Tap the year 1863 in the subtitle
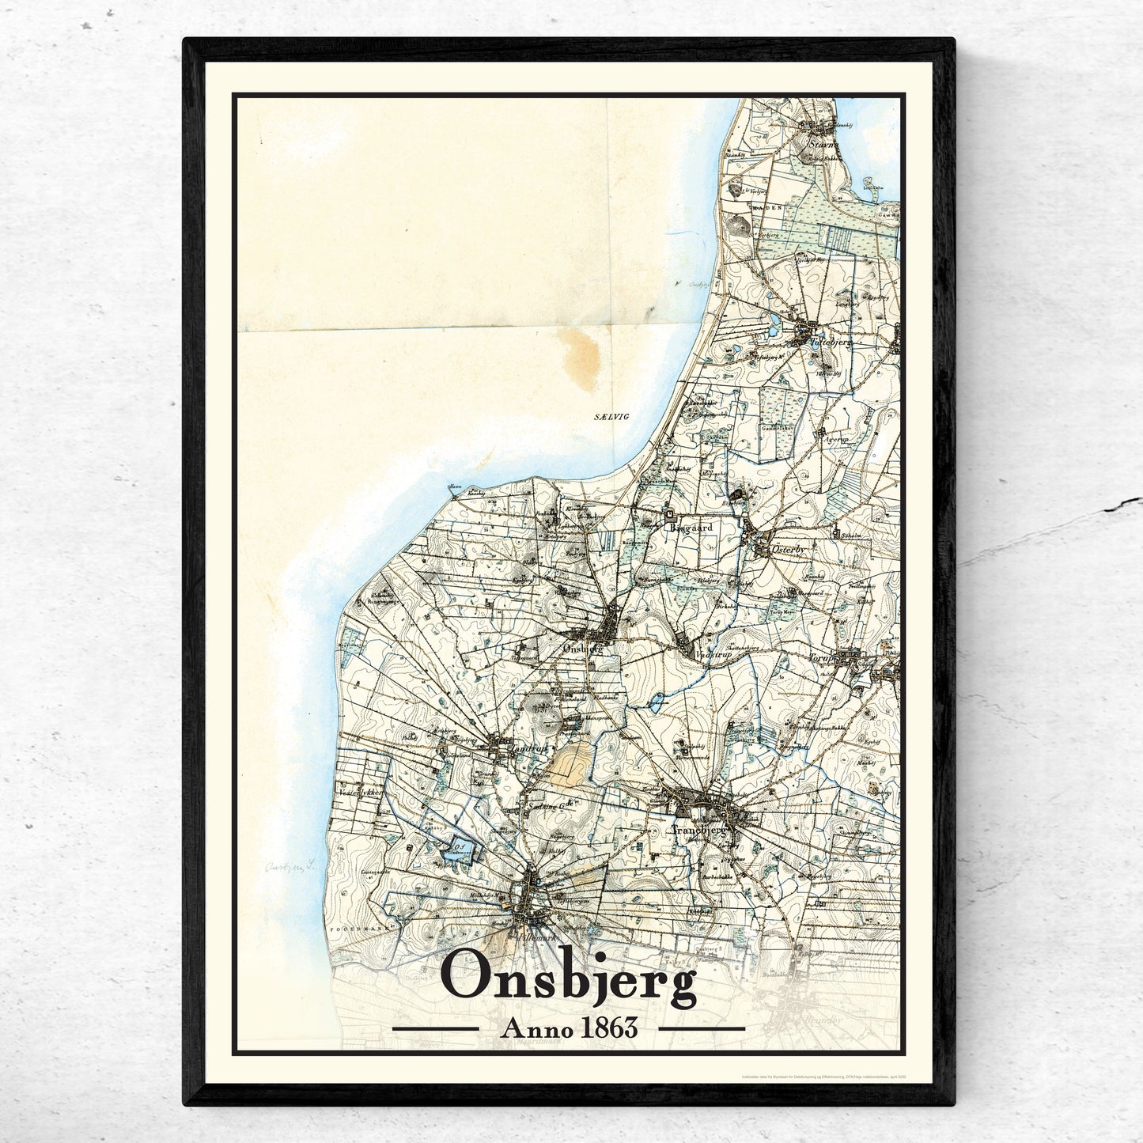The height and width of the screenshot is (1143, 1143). click(608, 1029)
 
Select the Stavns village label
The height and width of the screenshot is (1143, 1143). click(821, 145)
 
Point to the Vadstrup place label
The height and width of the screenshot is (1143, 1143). click(710, 656)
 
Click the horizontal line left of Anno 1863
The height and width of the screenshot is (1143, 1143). click(435, 1029)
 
